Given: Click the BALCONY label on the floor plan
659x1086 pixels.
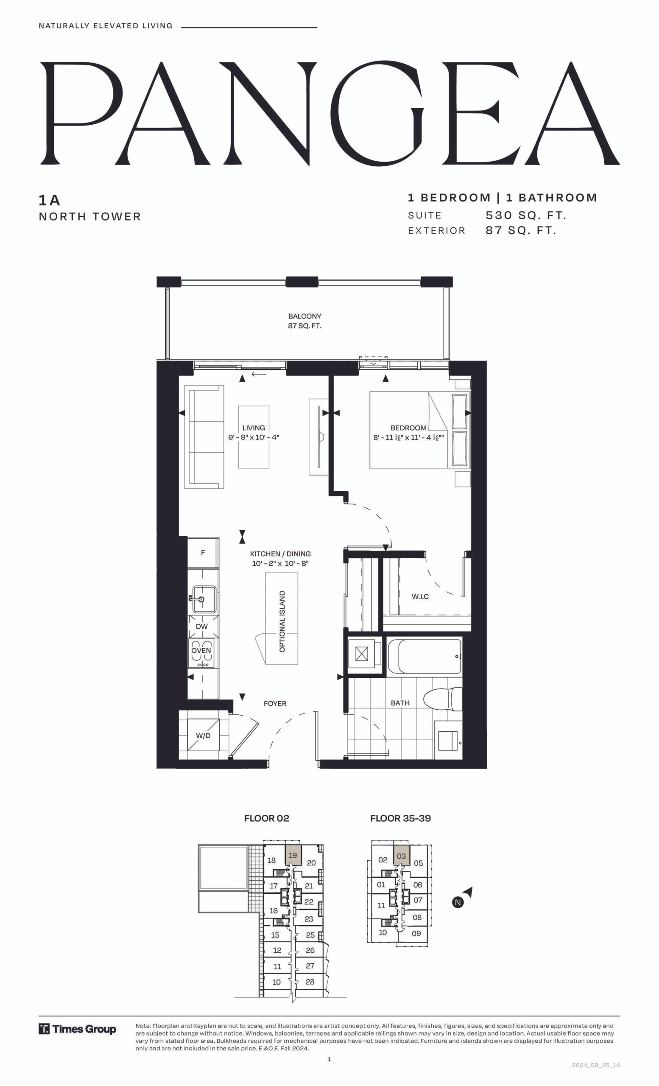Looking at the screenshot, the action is (304, 316).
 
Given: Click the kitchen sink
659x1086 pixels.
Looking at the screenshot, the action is (203, 599).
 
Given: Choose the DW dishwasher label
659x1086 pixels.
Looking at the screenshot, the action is (202, 626).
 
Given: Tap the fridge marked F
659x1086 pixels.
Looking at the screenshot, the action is (203, 552).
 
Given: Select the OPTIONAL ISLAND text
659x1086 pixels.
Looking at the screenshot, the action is (282, 621).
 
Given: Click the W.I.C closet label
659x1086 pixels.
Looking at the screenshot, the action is (420, 596).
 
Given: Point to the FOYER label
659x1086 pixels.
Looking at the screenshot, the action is (275, 703).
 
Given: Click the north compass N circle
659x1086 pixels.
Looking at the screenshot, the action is (458, 902).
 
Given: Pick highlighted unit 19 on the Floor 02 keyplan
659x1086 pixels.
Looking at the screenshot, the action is (293, 855).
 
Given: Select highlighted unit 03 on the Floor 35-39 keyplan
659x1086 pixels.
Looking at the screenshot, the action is (401, 856).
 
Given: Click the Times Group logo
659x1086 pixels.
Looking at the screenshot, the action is (78, 1029).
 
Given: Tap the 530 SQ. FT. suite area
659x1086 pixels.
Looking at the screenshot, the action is (525, 216).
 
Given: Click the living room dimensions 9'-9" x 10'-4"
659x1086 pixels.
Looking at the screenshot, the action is (254, 437).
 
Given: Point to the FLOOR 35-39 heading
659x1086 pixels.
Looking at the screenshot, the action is (400, 818).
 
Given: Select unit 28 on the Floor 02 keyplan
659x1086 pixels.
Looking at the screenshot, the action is (310, 982).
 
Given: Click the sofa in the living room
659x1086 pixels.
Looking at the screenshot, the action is (204, 437).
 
